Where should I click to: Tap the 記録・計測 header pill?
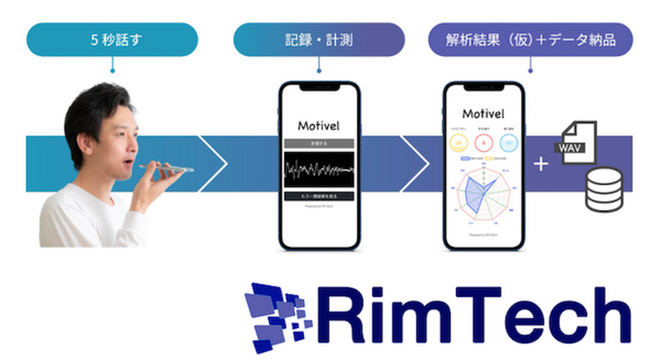[x=319, y=40]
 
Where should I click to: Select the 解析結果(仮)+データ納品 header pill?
[x=530, y=40]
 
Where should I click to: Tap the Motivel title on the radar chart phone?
[x=483, y=114]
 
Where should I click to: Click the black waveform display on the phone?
[x=319, y=171]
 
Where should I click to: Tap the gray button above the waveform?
[x=319, y=143]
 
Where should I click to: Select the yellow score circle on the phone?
[x=460, y=143]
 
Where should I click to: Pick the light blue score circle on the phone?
[x=508, y=143]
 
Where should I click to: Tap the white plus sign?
[x=541, y=164]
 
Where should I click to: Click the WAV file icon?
[x=578, y=144]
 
